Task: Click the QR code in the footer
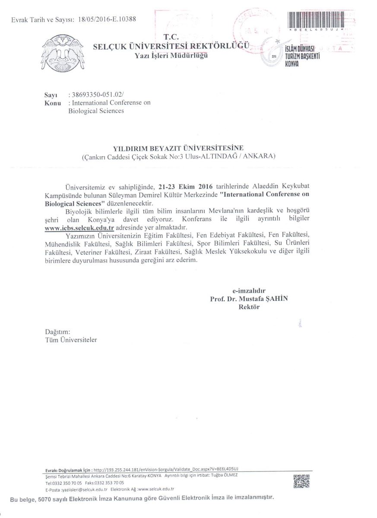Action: (x=301, y=481)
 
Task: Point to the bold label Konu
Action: (x=53, y=103)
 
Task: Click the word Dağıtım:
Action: (x=57, y=332)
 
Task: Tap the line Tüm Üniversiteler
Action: (x=71, y=340)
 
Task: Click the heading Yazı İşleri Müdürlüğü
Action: (x=171, y=56)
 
